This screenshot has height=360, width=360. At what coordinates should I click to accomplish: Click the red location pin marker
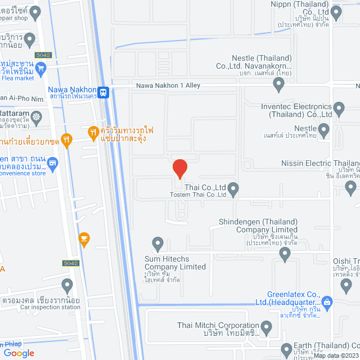pyautogui.click(x=179, y=168)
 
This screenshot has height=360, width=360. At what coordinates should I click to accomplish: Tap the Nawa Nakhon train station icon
pyautogui.click(x=102, y=93)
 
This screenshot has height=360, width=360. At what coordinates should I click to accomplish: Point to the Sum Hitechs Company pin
pyautogui.click(x=158, y=244)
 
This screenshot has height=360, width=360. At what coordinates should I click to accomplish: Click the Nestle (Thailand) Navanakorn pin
pyautogui.click(x=278, y=84)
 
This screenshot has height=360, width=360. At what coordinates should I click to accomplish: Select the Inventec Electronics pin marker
pyautogui.click(x=339, y=107)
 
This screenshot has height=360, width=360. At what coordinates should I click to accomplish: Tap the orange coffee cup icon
pyautogui.click(x=84, y=238)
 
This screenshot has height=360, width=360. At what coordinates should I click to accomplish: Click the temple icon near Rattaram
pyautogui.click(x=37, y=117)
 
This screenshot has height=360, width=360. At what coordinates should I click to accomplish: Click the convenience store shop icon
pyautogui.click(x=53, y=164)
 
